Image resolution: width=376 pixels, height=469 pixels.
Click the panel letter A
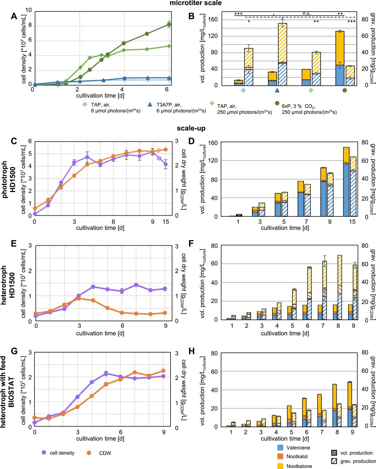point(14,16)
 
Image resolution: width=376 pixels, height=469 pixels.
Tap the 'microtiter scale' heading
point(195,3)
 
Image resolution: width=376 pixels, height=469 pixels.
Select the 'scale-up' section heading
point(191,128)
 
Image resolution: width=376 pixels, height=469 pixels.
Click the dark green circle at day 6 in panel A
point(169,24)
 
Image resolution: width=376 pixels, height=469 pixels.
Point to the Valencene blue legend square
point(280,447)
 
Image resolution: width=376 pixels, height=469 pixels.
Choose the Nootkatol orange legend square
point(280,456)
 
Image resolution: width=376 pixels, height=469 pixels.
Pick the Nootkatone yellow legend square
point(280,466)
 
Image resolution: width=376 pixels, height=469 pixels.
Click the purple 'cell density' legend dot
point(44,453)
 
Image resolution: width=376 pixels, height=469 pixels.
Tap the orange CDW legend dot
point(89,453)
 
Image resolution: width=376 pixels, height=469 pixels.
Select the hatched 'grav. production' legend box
point(334,461)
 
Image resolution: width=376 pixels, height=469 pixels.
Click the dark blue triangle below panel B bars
point(277,90)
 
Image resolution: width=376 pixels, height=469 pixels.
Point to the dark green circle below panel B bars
point(344,90)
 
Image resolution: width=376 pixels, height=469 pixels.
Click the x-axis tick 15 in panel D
point(352,222)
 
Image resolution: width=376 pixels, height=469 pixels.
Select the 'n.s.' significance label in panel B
point(306,14)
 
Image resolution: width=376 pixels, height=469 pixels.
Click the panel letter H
point(191,351)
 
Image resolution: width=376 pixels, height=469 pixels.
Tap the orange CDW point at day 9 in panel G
point(163,371)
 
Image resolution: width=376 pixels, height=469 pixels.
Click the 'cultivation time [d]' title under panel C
point(100,228)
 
